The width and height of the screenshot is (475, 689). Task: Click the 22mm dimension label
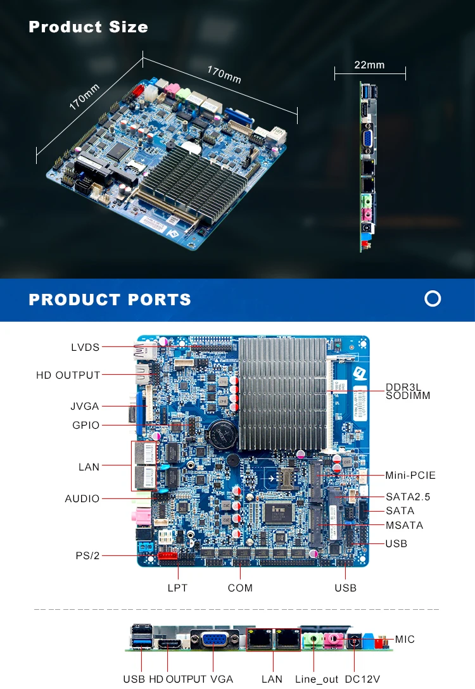369,65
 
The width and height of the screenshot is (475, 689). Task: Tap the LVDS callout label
85,347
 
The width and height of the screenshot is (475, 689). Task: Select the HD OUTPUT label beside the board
68,375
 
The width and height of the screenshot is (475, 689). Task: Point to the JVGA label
85,406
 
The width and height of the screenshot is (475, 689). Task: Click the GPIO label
85,425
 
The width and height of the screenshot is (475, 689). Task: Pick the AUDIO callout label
82,498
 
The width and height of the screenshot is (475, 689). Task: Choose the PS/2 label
88,555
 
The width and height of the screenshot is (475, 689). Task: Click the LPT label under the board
177,588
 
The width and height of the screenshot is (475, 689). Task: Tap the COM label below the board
240,588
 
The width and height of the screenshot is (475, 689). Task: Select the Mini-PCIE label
410,475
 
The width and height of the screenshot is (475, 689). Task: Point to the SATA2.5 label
408,496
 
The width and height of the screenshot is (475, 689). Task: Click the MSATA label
404,525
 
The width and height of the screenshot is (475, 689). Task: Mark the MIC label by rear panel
405,639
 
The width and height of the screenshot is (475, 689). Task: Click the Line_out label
317,679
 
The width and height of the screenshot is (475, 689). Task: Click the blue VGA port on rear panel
215,640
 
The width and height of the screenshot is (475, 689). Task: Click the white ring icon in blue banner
433,298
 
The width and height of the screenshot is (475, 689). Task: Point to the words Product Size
88,27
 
